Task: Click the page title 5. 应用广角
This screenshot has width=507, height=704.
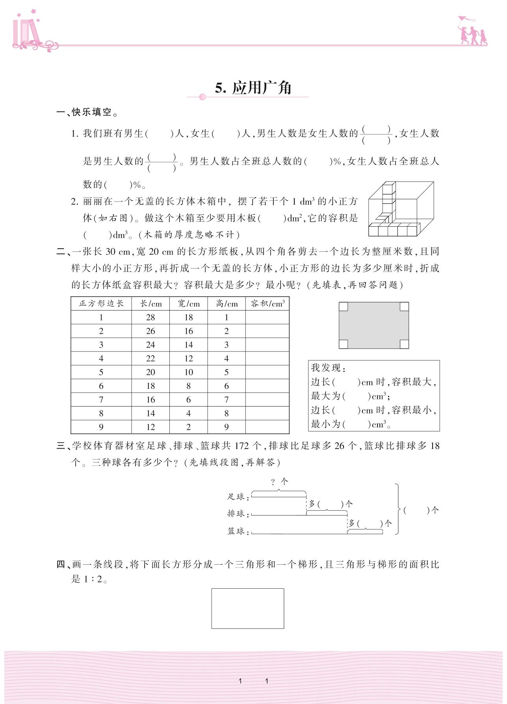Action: point(253,88)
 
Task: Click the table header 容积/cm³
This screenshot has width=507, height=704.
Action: point(267,303)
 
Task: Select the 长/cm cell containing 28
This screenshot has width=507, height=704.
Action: point(150,317)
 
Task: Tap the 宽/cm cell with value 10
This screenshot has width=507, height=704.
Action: point(189,372)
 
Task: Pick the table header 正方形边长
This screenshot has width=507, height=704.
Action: point(101,303)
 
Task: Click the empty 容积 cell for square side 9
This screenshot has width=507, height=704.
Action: point(267,427)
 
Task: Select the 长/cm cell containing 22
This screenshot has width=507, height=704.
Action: point(150,358)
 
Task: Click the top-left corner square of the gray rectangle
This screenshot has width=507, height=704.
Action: point(344,307)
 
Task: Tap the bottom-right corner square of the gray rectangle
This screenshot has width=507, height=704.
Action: point(404,344)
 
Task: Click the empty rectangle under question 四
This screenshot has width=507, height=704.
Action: point(248,608)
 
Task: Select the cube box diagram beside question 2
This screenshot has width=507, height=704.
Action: point(401,209)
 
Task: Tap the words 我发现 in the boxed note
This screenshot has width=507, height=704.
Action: point(326,368)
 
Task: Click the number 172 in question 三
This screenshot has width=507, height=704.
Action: point(242,446)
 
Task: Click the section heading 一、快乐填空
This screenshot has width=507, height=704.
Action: point(87,113)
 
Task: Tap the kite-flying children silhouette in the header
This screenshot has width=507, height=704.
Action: point(472,31)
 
